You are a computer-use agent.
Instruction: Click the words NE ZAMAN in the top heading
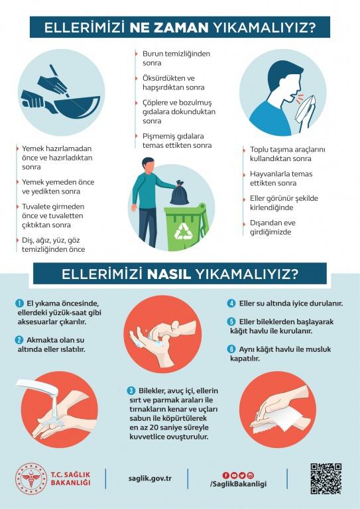coord(169,28)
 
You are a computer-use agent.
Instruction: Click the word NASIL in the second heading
coord(168,274)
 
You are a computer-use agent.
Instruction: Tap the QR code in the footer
coord(326,479)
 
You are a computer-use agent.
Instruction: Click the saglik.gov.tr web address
coord(150,479)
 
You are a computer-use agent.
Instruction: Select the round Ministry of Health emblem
coord(31,479)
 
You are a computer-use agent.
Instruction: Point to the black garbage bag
coord(179,194)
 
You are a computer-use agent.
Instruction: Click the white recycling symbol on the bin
coord(184,231)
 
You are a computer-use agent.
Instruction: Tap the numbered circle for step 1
coord(20,303)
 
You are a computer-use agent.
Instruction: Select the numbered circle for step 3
coord(131,390)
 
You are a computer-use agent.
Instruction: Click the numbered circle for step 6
coord(231,349)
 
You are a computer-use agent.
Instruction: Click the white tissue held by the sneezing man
coord(305,109)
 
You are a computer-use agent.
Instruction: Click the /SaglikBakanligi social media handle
coord(238,484)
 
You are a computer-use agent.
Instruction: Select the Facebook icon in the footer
coord(226,476)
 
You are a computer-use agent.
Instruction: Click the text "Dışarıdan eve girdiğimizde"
coord(272,227)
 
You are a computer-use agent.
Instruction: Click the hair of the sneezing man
coord(283,72)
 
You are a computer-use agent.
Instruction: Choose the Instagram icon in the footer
coord(251,476)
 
